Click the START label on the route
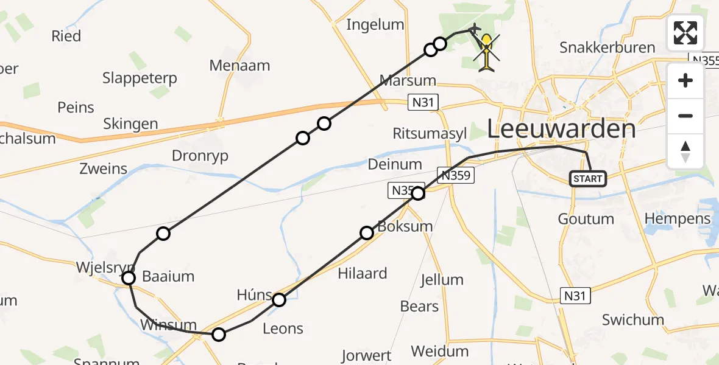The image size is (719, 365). [588, 179]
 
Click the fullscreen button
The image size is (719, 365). [685, 33]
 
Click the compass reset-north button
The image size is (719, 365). [685, 152]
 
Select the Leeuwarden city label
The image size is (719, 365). [561, 129]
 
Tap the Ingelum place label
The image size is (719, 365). [375, 25]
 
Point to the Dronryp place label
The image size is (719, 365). [200, 156]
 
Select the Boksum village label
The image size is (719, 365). [405, 226]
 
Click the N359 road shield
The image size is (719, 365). [455, 175]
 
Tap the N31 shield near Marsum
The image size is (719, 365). [422, 102]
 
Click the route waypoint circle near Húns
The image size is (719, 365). [279, 299]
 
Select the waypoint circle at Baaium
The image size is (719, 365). [129, 278]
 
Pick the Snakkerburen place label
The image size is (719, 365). [607, 47]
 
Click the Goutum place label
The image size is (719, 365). [586, 219]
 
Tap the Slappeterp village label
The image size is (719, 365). [140, 78]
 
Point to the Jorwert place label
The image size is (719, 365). [366, 355]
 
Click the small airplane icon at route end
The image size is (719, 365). [474, 29]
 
